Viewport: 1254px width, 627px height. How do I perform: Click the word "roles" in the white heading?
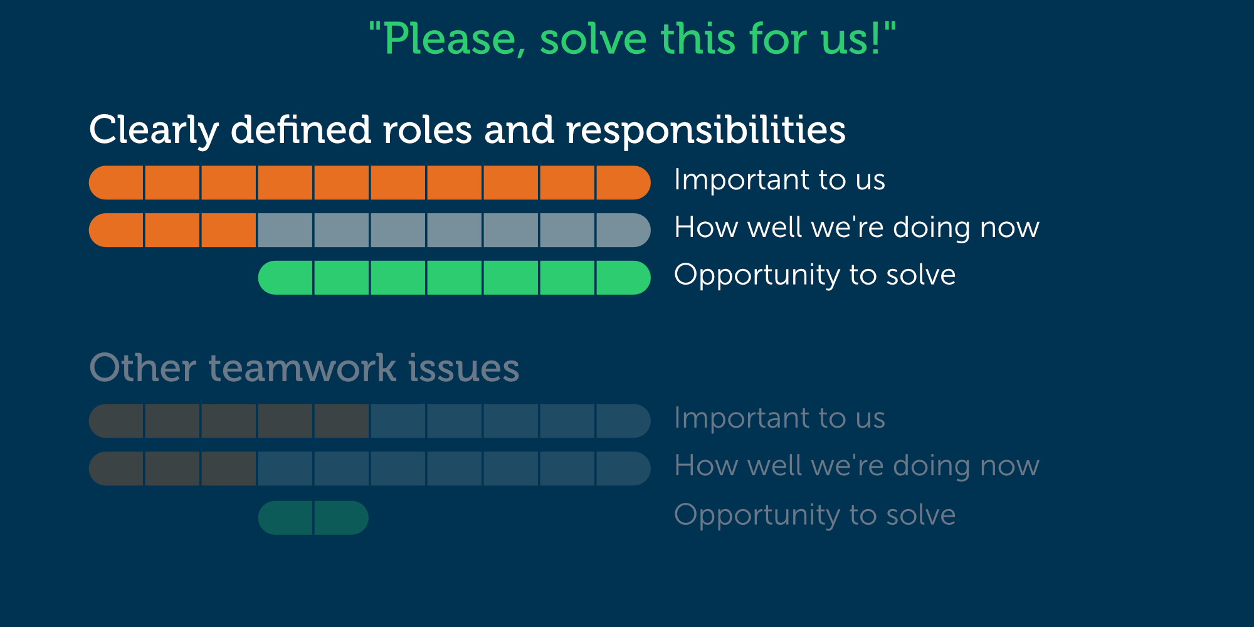[x=427, y=130]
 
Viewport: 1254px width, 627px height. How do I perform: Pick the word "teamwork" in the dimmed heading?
[x=302, y=367]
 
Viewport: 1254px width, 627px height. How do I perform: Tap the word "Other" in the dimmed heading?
[x=143, y=367]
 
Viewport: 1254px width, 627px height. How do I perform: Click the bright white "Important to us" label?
[x=779, y=180]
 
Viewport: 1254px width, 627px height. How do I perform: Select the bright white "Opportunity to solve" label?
[x=814, y=275]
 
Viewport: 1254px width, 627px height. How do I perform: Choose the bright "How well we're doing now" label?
[x=856, y=227]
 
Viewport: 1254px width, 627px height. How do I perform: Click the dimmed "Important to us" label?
[x=779, y=418]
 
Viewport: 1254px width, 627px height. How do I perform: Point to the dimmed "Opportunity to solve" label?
[x=814, y=515]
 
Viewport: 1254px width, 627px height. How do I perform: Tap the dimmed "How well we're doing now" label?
[x=856, y=466]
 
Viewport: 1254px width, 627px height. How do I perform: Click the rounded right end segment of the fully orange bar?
[x=623, y=182]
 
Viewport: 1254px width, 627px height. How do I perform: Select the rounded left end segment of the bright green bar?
[x=285, y=278]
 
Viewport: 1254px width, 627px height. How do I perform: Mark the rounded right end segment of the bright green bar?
[x=623, y=278]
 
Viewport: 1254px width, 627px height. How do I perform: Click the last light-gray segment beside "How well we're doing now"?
[x=623, y=230]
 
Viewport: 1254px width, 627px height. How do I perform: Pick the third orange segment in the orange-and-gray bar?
[x=229, y=230]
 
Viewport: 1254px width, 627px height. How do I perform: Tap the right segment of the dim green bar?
[x=341, y=518]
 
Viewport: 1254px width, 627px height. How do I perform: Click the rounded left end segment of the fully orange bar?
[x=116, y=182]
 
